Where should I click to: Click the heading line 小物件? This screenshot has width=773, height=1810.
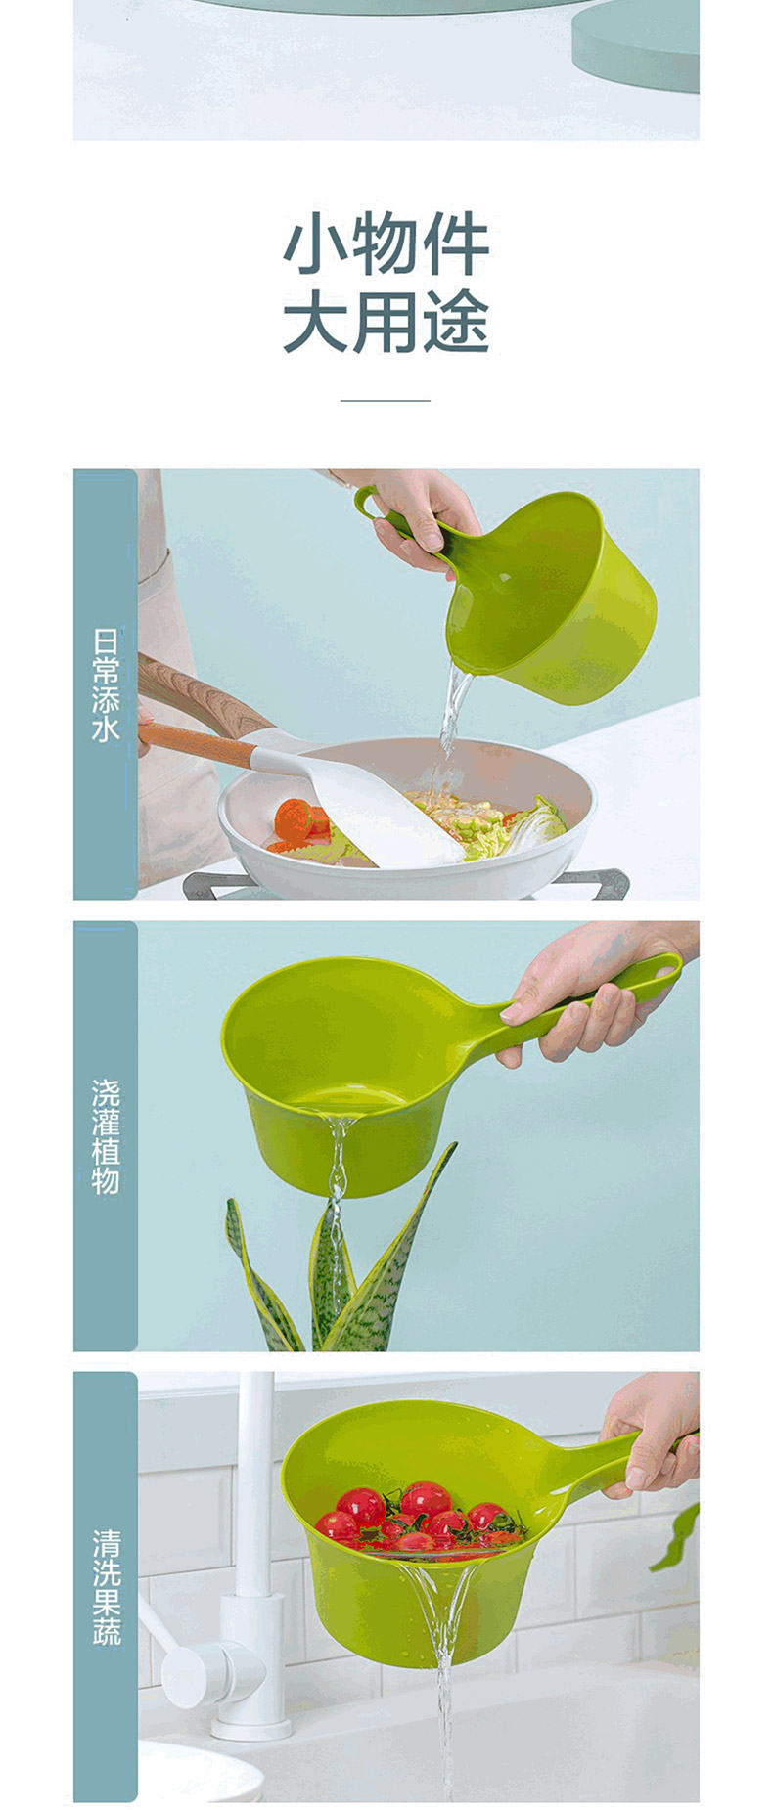pyautogui.click(x=386, y=246)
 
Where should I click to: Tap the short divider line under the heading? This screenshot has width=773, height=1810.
pyautogui.click(x=386, y=400)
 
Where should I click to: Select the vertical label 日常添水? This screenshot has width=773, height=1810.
pyautogui.click(x=106, y=684)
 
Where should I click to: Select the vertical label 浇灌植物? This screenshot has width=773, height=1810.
pyautogui.click(x=106, y=1136)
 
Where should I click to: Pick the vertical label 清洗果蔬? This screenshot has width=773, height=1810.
pyautogui.click(x=106, y=1586)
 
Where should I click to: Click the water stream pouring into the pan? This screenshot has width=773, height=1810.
pyautogui.click(x=453, y=709)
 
